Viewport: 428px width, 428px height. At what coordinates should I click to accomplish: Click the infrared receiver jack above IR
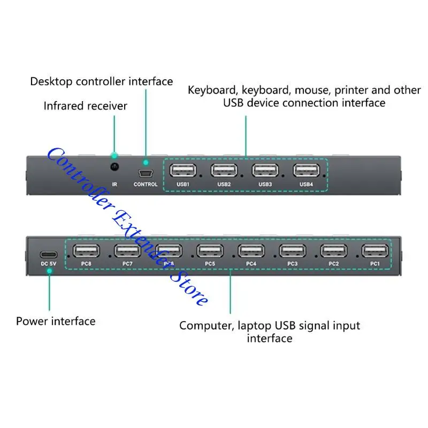click(114, 167)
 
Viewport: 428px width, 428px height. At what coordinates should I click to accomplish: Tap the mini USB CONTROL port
click(146, 173)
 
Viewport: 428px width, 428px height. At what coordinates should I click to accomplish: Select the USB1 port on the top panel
click(182, 171)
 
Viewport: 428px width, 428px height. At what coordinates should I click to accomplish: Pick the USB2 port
click(224, 171)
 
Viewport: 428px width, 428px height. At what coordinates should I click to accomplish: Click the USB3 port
click(265, 171)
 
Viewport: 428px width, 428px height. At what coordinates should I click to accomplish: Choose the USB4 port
click(306, 171)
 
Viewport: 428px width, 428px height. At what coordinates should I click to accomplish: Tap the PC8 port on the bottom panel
click(86, 250)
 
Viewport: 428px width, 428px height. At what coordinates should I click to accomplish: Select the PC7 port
click(127, 250)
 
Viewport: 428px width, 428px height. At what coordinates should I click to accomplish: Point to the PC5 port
click(210, 250)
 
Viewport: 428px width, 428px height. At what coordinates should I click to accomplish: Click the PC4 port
click(251, 250)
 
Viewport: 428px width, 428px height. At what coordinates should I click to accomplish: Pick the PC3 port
click(292, 250)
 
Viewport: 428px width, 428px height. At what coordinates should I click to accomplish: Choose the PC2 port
click(333, 250)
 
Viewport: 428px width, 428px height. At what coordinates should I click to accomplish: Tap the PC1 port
click(374, 250)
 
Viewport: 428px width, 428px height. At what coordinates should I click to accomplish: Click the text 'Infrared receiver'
click(86, 106)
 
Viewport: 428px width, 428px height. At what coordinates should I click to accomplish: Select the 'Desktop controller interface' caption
click(101, 81)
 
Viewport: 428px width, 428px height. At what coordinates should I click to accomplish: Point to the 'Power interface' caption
click(56, 321)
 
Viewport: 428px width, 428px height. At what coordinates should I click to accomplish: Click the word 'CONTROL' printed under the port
click(146, 185)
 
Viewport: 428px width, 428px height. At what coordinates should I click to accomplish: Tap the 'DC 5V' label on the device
click(49, 264)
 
